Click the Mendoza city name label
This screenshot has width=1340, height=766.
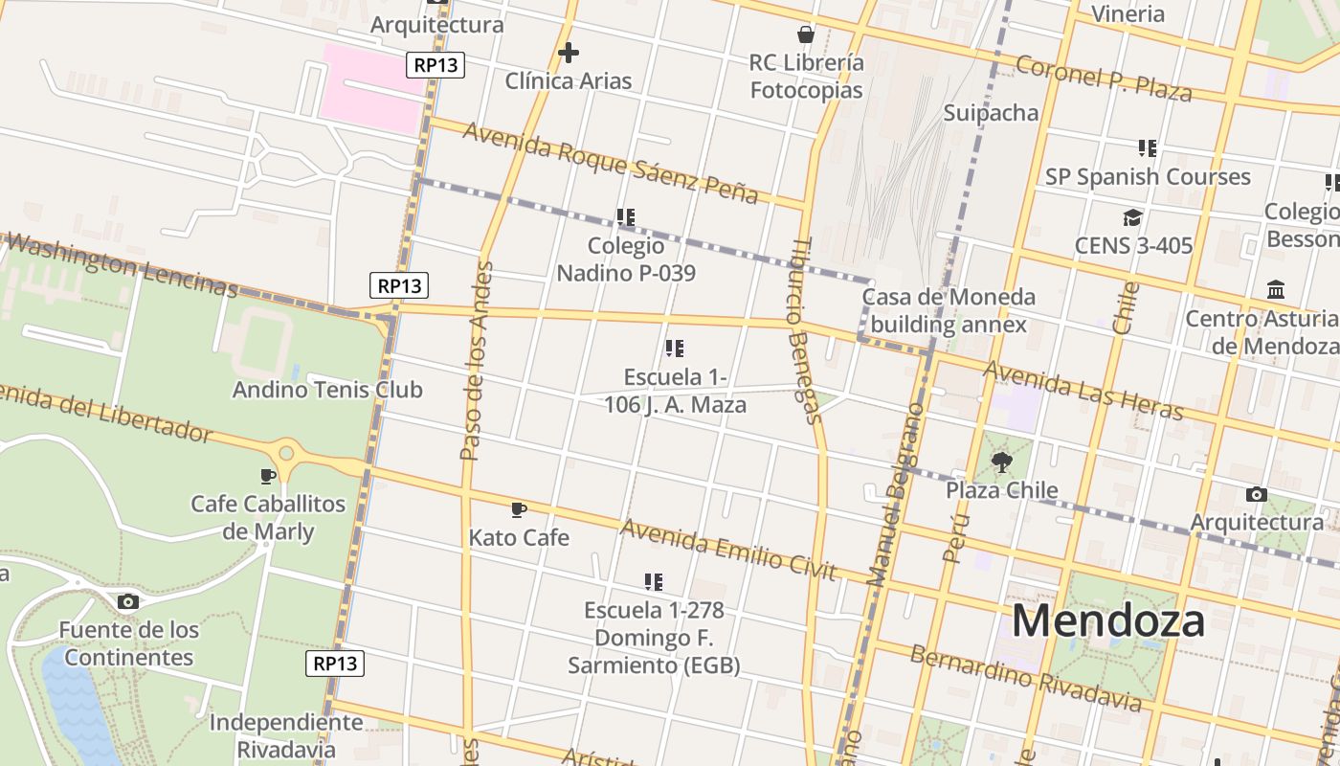1107,620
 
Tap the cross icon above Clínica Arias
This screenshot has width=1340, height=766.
569,52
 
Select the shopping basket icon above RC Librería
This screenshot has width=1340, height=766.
806,34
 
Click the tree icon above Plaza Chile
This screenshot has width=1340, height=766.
1002,462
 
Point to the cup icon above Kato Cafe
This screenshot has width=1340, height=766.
519,509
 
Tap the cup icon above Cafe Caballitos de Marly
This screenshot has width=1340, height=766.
268,476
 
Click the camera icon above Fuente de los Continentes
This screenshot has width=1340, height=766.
128,601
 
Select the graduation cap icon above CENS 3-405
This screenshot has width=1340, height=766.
1133,218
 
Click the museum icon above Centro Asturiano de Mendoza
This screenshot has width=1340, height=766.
1276,289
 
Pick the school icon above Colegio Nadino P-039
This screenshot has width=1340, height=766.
626,217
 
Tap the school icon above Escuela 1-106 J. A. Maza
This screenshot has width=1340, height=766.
675,349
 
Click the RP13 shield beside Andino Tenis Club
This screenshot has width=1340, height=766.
399,284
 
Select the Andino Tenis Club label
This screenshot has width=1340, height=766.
327,390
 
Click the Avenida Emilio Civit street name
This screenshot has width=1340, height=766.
728,550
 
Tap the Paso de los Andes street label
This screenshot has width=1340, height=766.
476,360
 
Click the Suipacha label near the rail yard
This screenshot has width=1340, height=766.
991,113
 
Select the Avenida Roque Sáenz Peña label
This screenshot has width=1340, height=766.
610,162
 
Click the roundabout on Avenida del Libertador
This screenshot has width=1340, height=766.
285,451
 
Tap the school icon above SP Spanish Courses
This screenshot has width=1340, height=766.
1148,148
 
